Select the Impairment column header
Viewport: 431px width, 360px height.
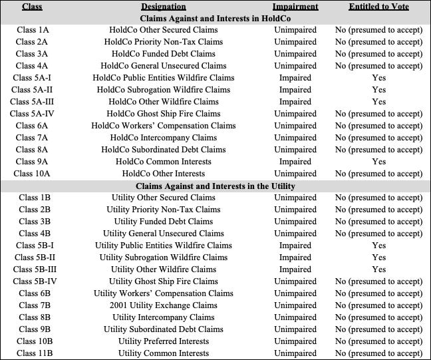295,7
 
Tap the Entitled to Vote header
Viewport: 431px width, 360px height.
378,7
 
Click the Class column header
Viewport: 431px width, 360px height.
32,7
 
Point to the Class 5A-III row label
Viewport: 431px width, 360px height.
32,102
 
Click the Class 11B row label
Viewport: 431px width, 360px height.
32,353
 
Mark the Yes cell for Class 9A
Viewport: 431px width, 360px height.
378,162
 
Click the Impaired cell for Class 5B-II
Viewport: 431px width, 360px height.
295,258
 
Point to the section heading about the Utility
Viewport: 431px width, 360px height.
215,186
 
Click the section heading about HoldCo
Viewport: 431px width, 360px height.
215,19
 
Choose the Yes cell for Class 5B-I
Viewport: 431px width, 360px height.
378,246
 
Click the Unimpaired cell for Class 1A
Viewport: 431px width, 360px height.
295,30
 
